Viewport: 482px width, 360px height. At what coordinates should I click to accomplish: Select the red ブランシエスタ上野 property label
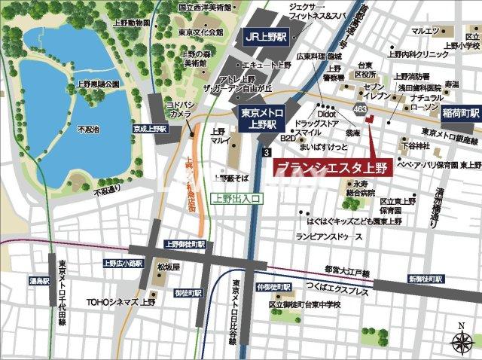tap(331, 166)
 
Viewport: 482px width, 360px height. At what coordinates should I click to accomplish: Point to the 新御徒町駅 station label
tap(426, 279)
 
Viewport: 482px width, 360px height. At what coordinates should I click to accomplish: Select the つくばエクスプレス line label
tap(343, 288)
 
